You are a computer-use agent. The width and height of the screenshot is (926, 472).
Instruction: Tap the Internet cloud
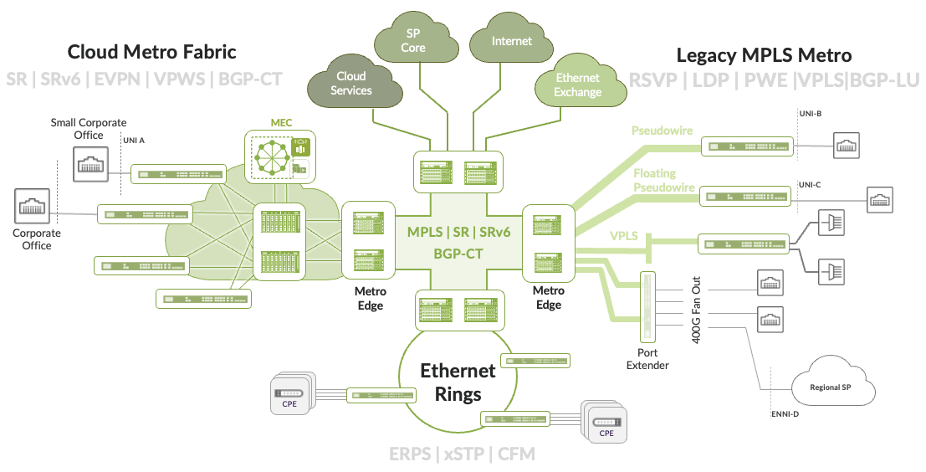(511, 41)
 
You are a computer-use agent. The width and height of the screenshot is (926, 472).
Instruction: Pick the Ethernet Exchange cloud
(577, 85)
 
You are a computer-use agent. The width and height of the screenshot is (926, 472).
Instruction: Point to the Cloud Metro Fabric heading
(151, 52)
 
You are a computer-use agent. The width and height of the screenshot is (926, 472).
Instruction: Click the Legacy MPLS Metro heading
(763, 55)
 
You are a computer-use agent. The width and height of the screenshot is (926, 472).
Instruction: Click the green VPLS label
(624, 236)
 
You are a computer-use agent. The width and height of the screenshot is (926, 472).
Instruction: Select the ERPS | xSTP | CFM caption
(462, 454)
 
